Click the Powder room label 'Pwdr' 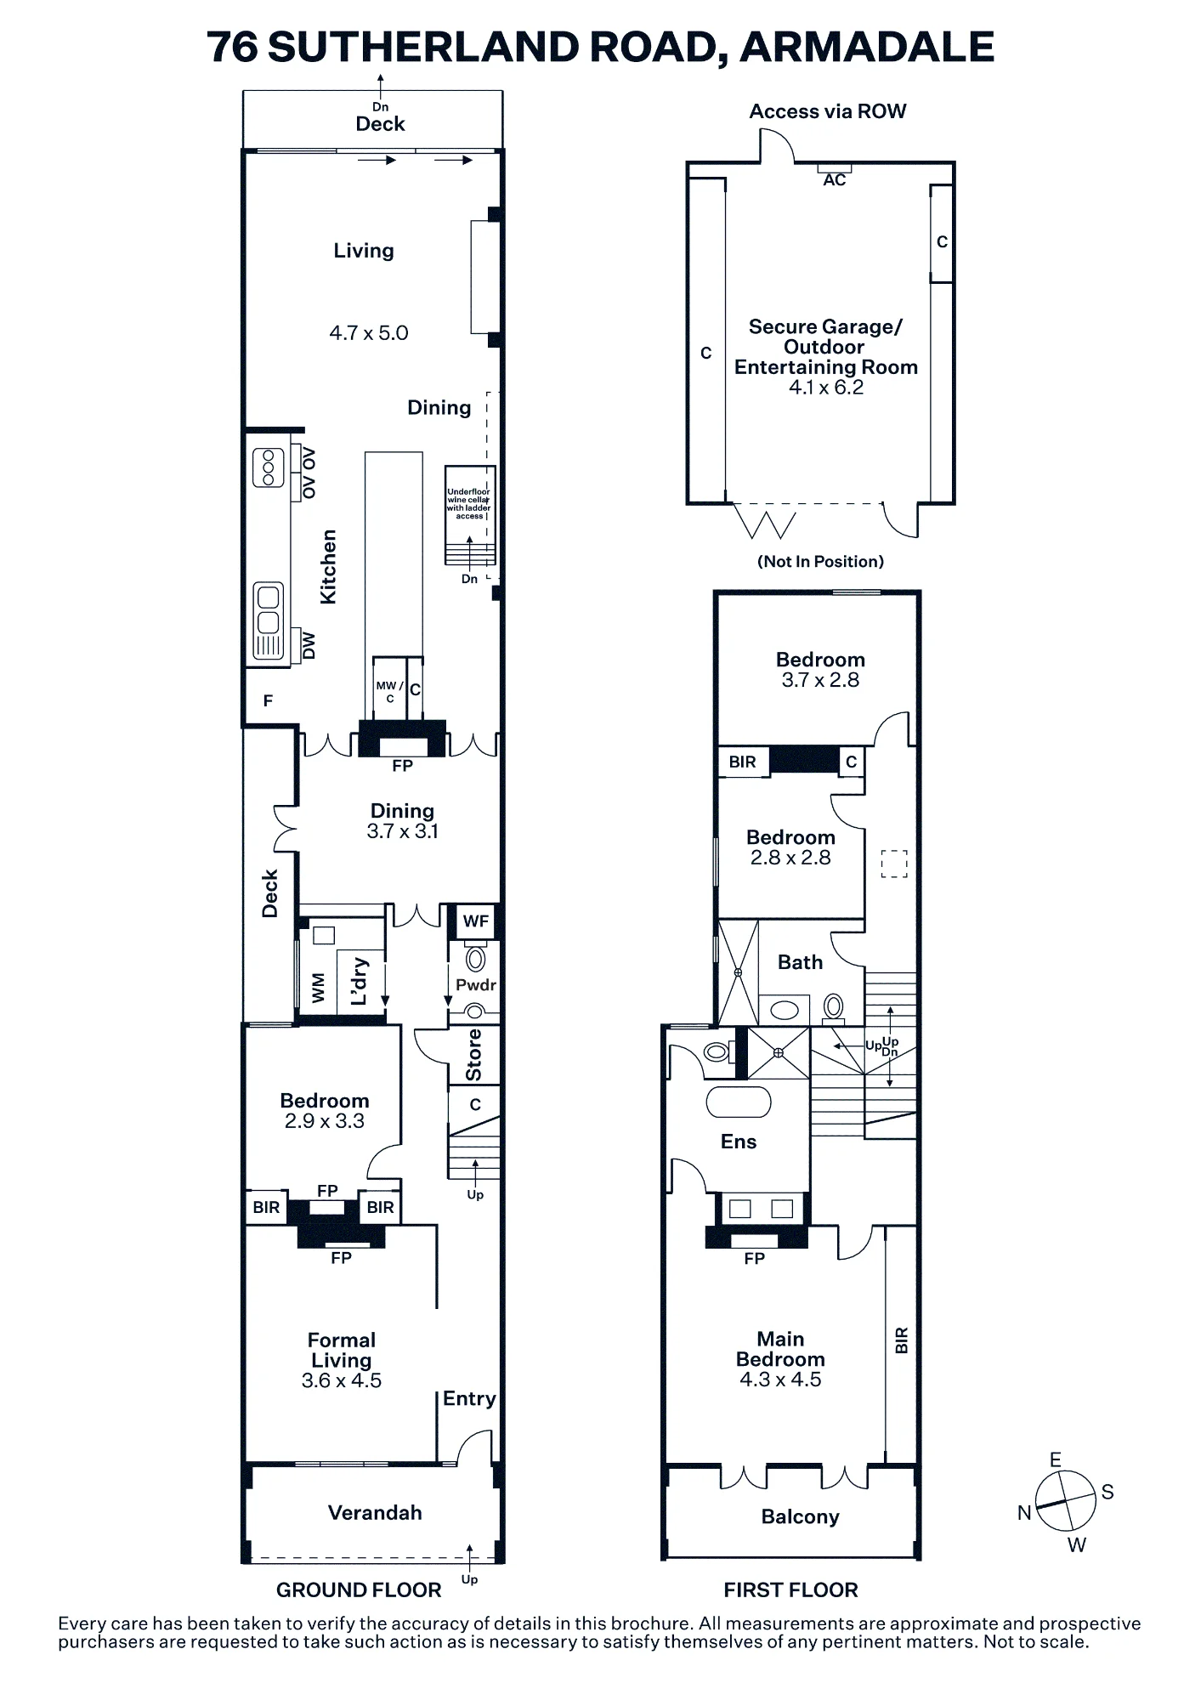(475, 985)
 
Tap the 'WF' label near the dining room (476, 921)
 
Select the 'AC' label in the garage (835, 180)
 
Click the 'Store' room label (474, 1055)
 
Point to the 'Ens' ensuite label (739, 1142)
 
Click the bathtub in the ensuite (739, 1102)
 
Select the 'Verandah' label (375, 1512)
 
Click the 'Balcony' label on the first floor (801, 1517)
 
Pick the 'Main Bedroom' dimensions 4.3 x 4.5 (780, 1380)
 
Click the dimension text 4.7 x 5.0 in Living (369, 333)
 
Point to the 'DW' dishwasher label (309, 646)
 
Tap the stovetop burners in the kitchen (269, 467)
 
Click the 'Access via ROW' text (828, 111)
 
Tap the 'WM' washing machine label (319, 989)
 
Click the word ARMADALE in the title (867, 47)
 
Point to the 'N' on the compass (1024, 1513)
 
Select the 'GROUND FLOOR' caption (359, 1590)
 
